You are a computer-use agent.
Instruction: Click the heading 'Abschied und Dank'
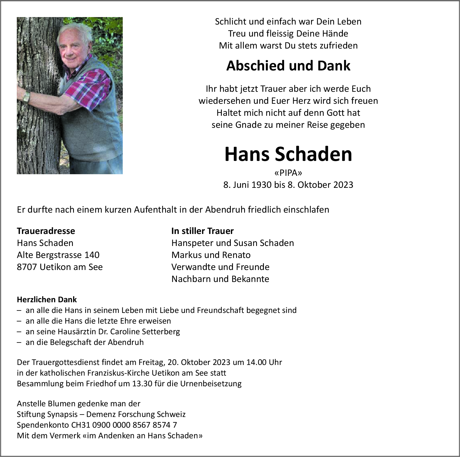tap(288, 66)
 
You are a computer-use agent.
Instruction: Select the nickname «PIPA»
tap(288, 173)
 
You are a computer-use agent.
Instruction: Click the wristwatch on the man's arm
tap(26, 97)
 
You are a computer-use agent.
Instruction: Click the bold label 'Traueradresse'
tap(46, 231)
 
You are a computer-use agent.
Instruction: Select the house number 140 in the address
tap(92, 255)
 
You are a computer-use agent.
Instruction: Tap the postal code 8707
tap(27, 267)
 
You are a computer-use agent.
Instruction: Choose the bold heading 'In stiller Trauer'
tap(203, 231)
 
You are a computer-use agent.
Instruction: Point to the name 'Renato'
tap(237, 255)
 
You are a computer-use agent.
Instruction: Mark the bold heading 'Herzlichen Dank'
tap(47, 300)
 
